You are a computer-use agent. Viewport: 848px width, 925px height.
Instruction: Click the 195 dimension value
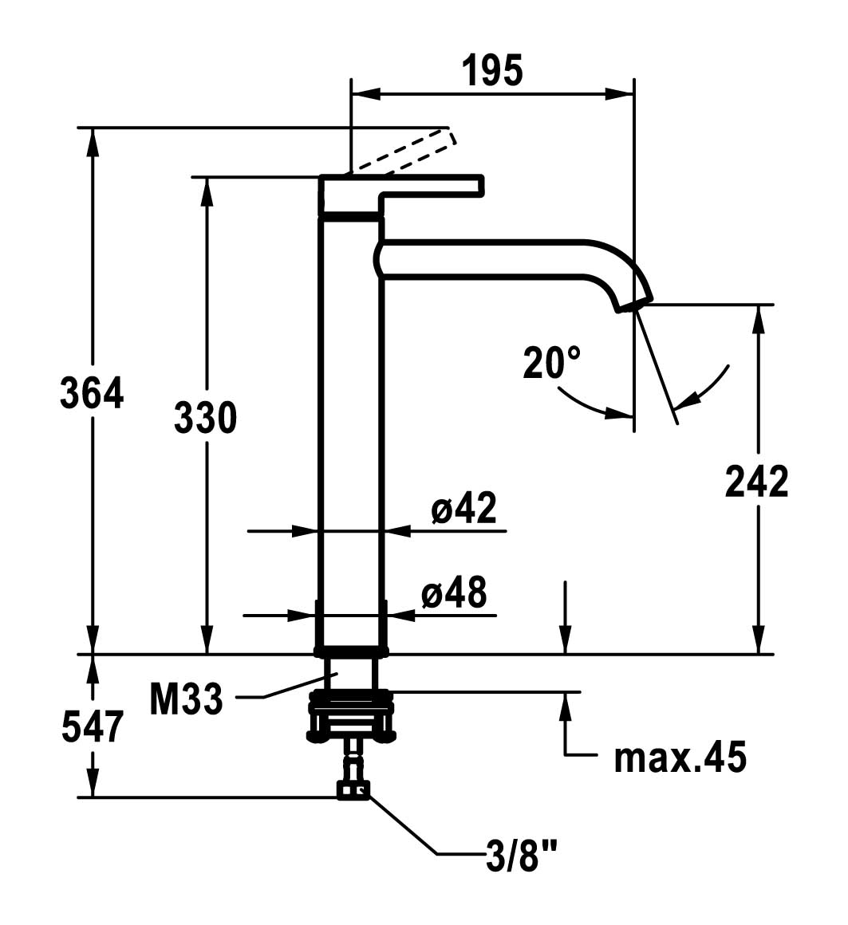pos(492,71)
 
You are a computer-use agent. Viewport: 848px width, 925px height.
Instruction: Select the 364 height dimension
pos(93,394)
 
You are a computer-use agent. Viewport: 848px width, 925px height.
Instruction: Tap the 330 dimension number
pos(206,418)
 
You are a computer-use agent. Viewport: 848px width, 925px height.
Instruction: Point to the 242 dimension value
pos(757,481)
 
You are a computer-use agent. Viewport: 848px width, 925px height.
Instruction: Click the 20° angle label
pos(552,363)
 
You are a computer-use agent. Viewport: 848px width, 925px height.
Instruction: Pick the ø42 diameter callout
pos(464,508)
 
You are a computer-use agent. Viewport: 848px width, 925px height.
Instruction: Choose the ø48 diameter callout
pos(454,592)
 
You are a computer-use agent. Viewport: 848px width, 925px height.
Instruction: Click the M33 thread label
pos(186,700)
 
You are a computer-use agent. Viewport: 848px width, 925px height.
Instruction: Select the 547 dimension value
pos(93,726)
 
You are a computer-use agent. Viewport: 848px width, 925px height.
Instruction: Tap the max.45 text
pos(680,758)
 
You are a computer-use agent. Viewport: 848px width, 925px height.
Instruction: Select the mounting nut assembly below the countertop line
pos(351,714)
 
